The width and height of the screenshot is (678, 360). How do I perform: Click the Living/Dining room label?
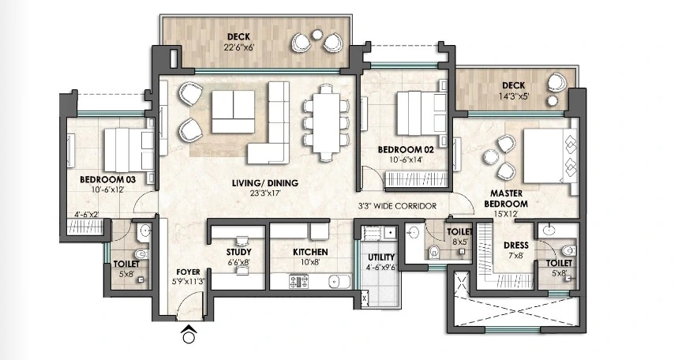[x=265, y=183]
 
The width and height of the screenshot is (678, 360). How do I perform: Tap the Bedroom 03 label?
[x=107, y=179]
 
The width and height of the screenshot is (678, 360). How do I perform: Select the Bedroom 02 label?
[x=406, y=150]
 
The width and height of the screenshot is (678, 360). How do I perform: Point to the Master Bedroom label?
[x=506, y=199]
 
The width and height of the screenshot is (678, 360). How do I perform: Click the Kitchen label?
[x=310, y=253]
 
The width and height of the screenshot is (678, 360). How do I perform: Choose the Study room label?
[x=238, y=253]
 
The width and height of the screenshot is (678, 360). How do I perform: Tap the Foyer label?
[x=188, y=272]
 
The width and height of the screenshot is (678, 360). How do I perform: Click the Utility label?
[x=381, y=257]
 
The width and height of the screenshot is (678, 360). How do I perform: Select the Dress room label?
[x=516, y=246]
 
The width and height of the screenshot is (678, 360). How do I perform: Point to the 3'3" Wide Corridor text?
[x=397, y=206]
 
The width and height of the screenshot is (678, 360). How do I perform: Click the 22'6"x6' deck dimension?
[x=238, y=47]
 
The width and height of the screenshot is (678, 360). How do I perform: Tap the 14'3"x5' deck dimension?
[x=514, y=96]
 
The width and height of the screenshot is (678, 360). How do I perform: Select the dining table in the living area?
[x=327, y=123]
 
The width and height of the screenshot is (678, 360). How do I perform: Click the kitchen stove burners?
[x=299, y=282]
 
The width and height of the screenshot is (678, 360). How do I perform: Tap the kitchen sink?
[x=339, y=282]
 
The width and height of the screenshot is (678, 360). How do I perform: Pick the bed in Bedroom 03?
[x=129, y=150]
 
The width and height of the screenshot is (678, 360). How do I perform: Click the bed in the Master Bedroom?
[x=550, y=156]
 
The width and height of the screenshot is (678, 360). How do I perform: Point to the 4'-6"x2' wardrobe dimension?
[x=87, y=215]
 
